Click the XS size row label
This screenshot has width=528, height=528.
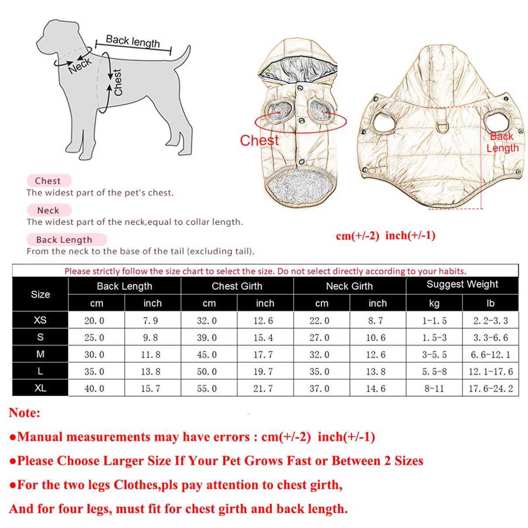40,320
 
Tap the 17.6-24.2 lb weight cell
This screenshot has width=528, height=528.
491,389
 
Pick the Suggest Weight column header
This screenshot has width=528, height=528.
462,285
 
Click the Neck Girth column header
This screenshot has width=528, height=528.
349,286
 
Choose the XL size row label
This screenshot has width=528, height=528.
40,389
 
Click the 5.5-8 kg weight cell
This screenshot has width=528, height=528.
434,372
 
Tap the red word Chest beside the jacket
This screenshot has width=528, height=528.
259,140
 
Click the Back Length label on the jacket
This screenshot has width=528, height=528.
502,142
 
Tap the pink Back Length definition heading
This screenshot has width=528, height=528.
64,240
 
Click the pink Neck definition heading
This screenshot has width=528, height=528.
48,210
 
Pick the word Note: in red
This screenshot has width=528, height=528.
25,413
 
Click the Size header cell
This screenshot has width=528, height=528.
40,294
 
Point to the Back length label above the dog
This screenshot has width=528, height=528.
132,41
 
